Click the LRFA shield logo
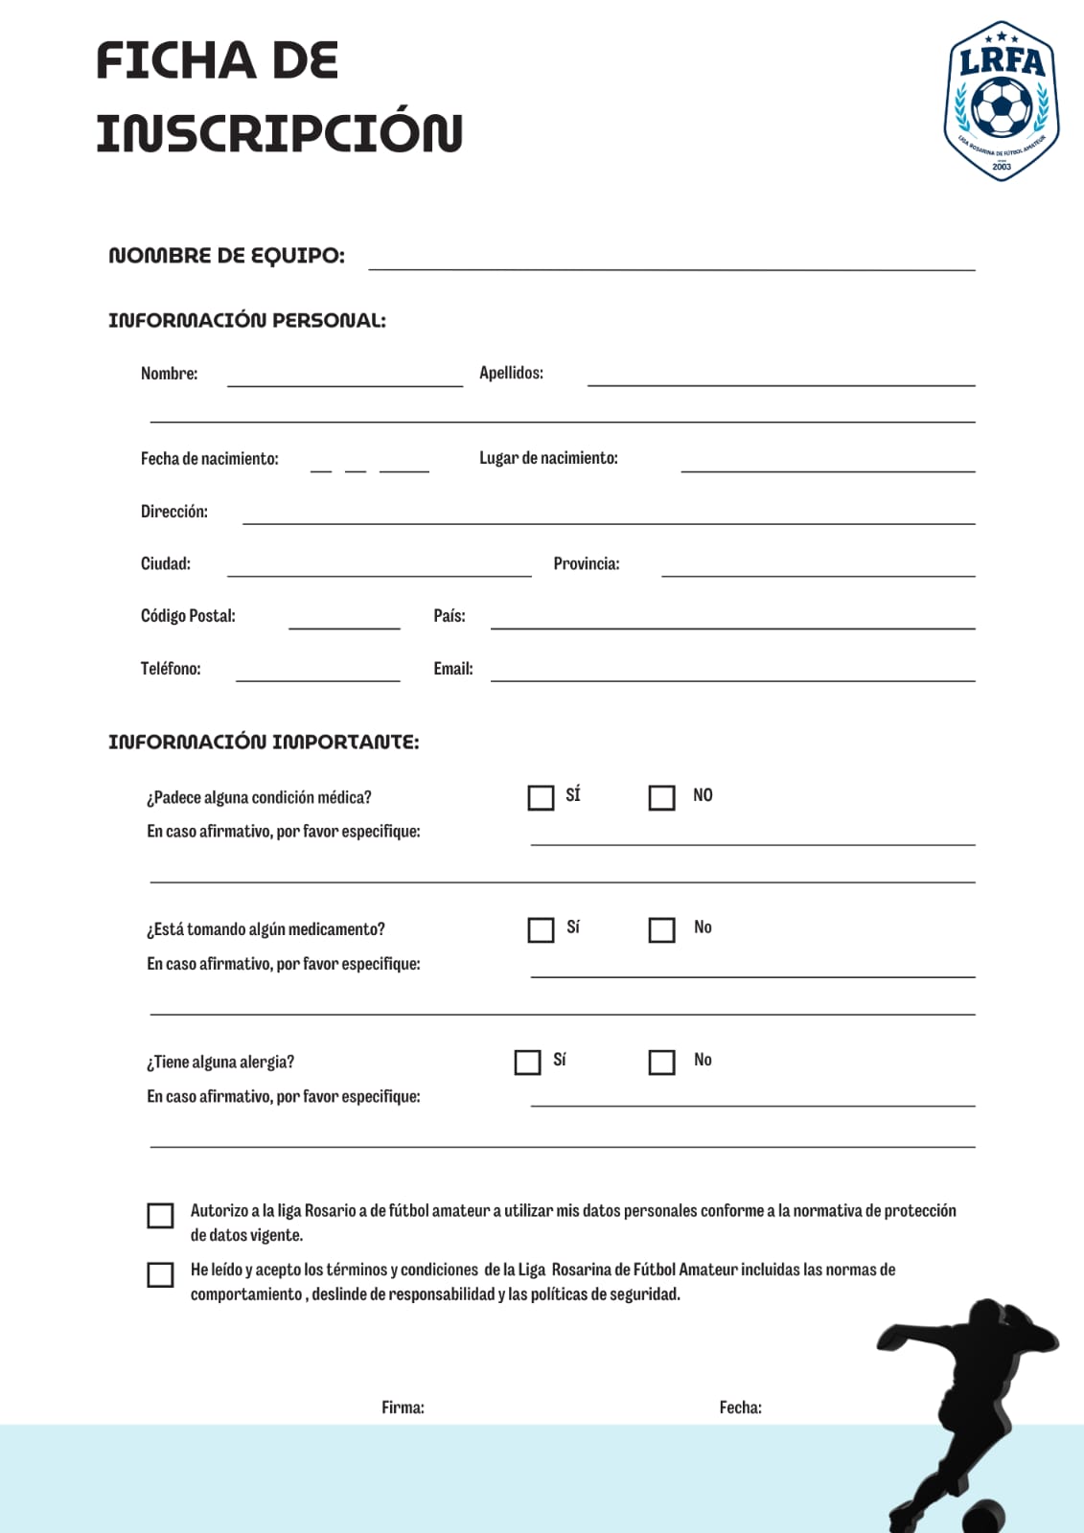pyautogui.click(x=1002, y=100)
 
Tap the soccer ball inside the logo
pyautogui.click(x=1002, y=106)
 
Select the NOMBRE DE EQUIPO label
pyautogui.click(x=226, y=256)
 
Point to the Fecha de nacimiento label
pyautogui.click(x=209, y=459)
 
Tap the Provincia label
pyautogui.click(x=586, y=563)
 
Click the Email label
pyautogui.click(x=452, y=669)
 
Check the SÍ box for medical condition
pyautogui.click(x=541, y=797)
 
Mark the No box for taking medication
pyautogui.click(x=661, y=929)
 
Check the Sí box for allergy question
pyautogui.click(x=527, y=1062)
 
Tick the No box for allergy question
pyautogui.click(x=661, y=1062)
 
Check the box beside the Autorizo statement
pyautogui.click(x=160, y=1215)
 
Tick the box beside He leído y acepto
pyautogui.click(x=160, y=1274)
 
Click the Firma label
pyautogui.click(x=403, y=1407)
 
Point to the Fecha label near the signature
pyautogui.click(x=740, y=1407)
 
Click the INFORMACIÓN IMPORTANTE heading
pyautogui.click(x=264, y=742)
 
